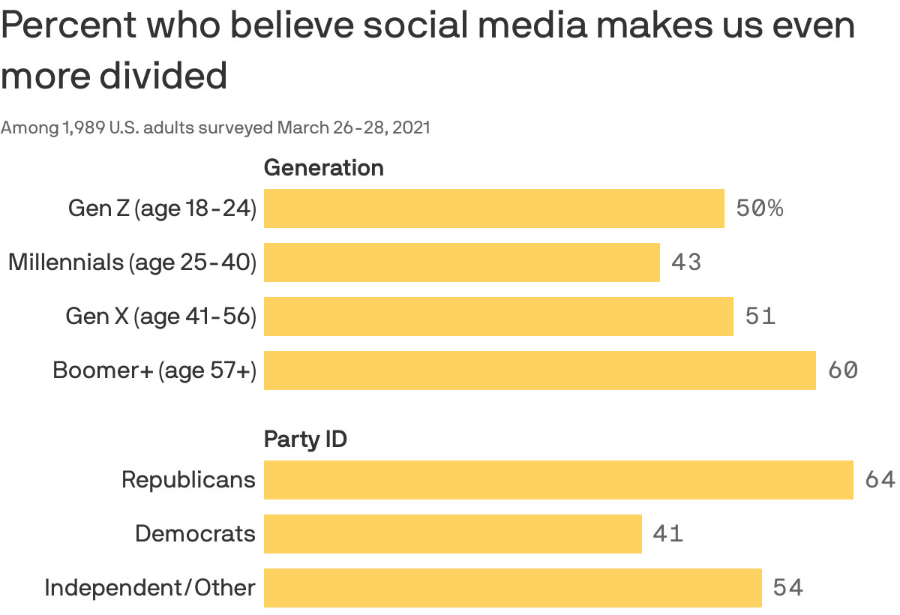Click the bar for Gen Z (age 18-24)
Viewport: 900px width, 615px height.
coord(493,208)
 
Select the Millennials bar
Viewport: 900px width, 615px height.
coord(461,262)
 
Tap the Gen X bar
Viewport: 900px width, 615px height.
coord(498,316)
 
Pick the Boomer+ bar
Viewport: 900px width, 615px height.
coord(539,370)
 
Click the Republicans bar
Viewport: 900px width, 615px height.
coord(558,480)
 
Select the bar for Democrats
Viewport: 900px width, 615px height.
coord(452,534)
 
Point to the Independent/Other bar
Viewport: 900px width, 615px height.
coord(512,588)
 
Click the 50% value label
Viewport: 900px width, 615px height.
coord(759,208)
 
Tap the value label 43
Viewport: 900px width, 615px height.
coord(686,262)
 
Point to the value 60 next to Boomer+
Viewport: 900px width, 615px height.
coord(842,370)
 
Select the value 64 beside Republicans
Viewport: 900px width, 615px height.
coord(880,480)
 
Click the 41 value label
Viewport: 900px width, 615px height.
coord(667,534)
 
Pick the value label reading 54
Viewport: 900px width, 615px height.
coord(787,588)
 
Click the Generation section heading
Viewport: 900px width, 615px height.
coord(323,168)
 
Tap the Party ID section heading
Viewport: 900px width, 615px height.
coord(305,439)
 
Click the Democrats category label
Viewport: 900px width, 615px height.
coord(195,534)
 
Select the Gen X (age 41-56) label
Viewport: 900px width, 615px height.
coord(160,316)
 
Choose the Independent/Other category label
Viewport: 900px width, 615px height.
coord(149,588)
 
